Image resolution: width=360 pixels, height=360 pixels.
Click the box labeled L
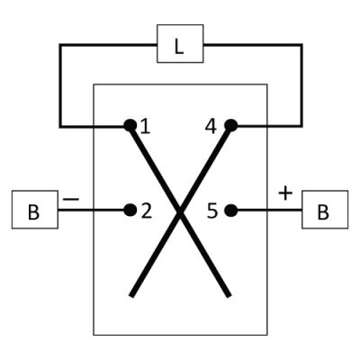coord(180,44)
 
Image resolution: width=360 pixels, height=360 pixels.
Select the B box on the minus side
coord(35,210)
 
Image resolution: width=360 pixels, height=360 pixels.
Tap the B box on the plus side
coord(325,210)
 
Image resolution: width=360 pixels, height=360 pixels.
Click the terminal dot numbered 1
coord(130,125)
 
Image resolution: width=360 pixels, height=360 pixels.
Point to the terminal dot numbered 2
coord(130,210)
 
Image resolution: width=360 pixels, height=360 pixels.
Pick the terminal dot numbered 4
coord(230,125)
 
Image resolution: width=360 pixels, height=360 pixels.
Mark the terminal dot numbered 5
coord(230,210)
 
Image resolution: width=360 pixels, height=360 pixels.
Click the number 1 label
coord(145,126)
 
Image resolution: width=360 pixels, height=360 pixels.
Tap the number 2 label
coord(147,211)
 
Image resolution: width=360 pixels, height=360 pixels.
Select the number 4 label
coord(211,126)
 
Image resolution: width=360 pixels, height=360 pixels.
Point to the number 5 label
coord(211,211)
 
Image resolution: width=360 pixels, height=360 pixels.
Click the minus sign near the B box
coord(71,199)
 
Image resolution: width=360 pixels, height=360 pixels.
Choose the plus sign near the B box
coord(285,193)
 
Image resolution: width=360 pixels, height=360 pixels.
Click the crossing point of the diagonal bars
coord(180,211)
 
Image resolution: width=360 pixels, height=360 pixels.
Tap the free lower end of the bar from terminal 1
coord(229,295)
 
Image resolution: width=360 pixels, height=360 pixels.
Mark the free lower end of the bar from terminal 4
coord(132,295)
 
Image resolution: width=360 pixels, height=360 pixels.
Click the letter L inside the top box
coord(179,47)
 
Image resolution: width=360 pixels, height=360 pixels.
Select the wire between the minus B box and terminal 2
coord(91,210)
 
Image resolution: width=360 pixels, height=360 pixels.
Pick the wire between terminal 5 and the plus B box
coord(269,210)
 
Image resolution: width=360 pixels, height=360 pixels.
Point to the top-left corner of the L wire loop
coord(60,45)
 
